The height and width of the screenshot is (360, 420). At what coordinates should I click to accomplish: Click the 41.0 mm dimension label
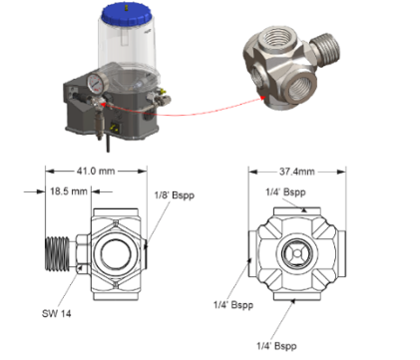96,172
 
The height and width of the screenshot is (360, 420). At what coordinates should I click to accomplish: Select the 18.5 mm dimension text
69,191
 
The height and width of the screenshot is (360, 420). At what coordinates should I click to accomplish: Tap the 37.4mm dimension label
297,172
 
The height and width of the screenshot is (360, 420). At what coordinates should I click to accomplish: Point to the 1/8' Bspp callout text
175,195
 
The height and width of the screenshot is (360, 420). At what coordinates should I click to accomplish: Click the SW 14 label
57,313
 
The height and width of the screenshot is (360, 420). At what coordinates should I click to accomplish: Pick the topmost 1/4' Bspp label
285,192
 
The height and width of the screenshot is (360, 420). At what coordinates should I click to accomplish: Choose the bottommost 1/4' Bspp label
276,346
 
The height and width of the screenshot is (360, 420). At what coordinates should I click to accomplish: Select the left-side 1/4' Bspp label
233,305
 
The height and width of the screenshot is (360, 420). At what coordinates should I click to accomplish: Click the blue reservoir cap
126,15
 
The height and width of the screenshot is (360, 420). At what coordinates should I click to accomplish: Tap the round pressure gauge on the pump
97,84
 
